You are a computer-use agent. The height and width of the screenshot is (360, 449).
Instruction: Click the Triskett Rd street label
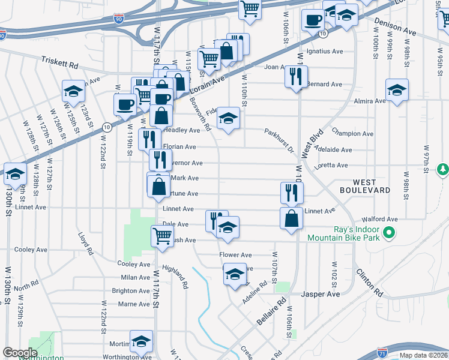pyautogui.click(x=60, y=62)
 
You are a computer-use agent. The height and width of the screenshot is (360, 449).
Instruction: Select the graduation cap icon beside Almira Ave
pyautogui.click(x=397, y=91)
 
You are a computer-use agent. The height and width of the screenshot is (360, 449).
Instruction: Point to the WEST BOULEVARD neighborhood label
pyautogui.click(x=372, y=186)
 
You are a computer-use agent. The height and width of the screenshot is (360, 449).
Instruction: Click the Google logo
pyautogui.click(x=20, y=353)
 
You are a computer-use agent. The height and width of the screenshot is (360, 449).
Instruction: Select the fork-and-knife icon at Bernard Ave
pyautogui.click(x=295, y=76)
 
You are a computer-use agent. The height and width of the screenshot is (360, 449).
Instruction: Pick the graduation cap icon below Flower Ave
pyautogui.click(x=235, y=275)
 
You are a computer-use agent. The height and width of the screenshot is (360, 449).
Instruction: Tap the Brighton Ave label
pyautogui.click(x=131, y=291)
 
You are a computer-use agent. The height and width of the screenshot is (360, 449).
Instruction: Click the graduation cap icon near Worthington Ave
pyautogui.click(x=141, y=341)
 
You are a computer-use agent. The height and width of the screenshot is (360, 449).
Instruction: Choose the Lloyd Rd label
pyautogui.click(x=85, y=244)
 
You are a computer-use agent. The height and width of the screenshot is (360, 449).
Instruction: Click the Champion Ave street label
pyautogui.click(x=352, y=134)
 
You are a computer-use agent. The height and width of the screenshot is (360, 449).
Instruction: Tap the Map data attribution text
pyautogui.click(x=424, y=355)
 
